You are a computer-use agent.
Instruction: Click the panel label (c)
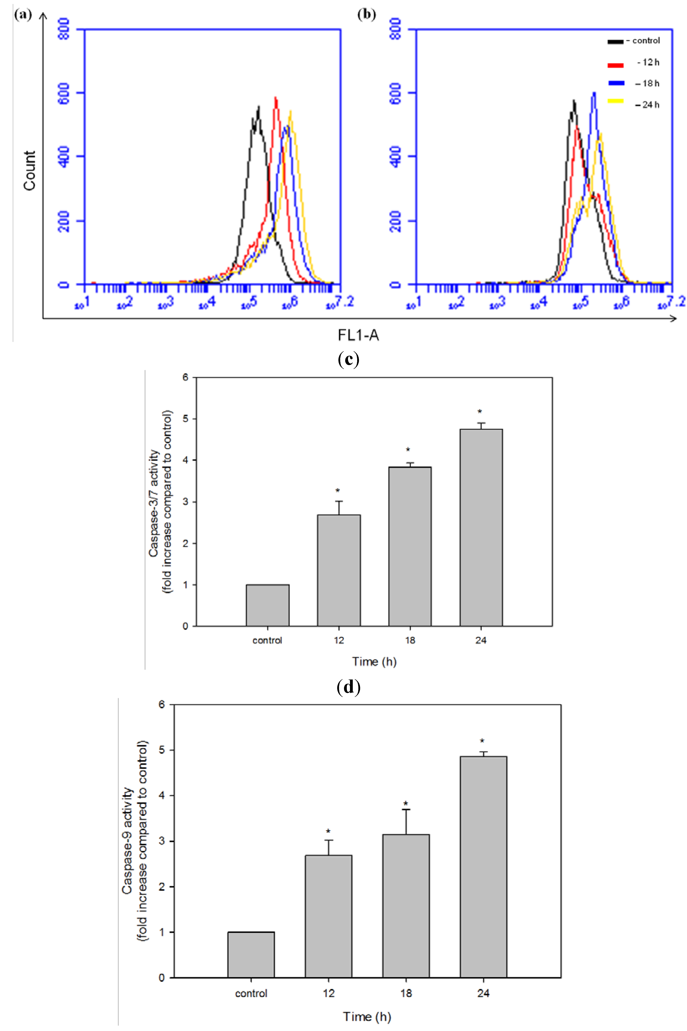click(x=349, y=359)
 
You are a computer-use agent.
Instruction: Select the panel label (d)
click(x=349, y=687)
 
